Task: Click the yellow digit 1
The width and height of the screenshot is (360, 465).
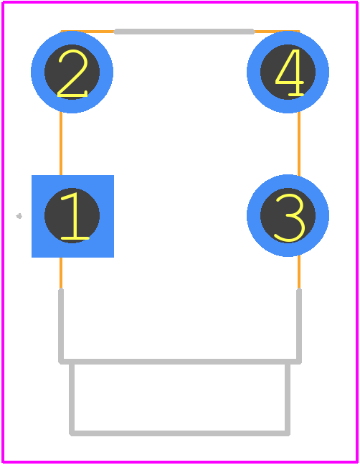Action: pyautogui.click(x=75, y=216)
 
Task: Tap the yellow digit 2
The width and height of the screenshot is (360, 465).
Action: pyautogui.click(x=72, y=73)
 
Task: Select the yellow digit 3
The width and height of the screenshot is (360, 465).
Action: pyautogui.click(x=290, y=217)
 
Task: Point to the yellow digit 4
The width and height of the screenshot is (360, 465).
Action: pyautogui.click(x=290, y=72)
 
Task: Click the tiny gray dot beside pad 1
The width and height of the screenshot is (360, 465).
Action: pyautogui.click(x=19, y=216)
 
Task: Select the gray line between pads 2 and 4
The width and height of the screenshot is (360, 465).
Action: pyautogui.click(x=184, y=32)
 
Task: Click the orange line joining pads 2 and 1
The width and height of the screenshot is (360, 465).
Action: pyautogui.click(x=61, y=144)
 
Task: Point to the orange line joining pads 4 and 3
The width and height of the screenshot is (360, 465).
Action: pyautogui.click(x=299, y=144)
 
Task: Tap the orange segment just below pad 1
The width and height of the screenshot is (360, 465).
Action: pyautogui.click(x=61, y=273)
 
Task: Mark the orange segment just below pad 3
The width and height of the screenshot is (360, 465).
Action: pyautogui.click(x=299, y=272)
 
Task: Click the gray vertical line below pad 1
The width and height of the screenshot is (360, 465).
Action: pyautogui.click(x=61, y=325)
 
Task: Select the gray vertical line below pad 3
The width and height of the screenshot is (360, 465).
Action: pyautogui.click(x=299, y=325)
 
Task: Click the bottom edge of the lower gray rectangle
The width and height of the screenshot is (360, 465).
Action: pyautogui.click(x=179, y=433)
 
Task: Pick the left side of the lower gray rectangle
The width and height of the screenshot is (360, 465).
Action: pyautogui.click(x=72, y=399)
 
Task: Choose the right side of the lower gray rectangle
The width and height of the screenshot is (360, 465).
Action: pyautogui.click(x=288, y=399)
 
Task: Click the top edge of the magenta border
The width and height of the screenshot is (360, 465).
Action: pyautogui.click(x=180, y=2)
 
